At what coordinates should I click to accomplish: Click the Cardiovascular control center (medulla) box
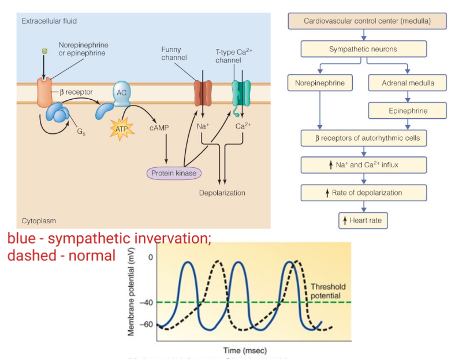(367, 21)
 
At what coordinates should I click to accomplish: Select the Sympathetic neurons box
(363, 49)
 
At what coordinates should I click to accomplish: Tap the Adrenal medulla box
(408, 83)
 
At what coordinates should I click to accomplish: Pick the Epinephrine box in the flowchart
(408, 111)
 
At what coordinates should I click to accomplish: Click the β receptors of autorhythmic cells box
(363, 138)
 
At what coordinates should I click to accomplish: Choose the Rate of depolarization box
(363, 193)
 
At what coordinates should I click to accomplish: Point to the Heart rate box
(363, 220)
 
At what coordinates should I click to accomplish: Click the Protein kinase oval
(174, 172)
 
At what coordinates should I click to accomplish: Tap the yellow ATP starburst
(121, 129)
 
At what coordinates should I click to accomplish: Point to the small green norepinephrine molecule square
(44, 51)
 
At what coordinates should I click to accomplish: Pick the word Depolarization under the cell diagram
(222, 193)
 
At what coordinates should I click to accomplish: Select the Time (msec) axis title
(245, 350)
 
